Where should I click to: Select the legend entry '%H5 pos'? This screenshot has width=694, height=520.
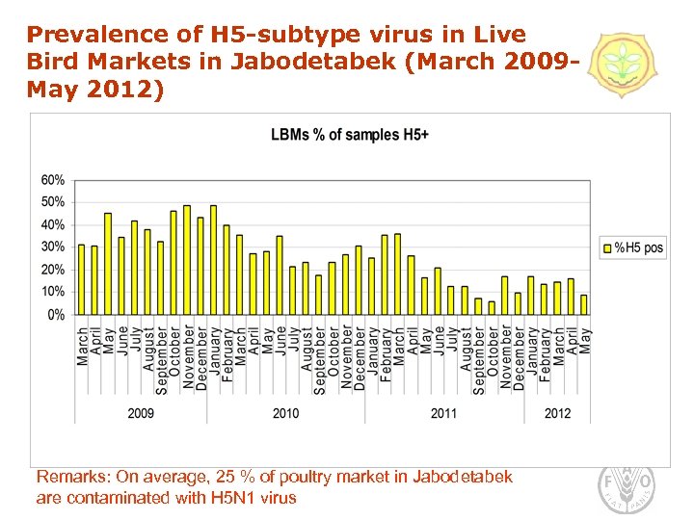[x=632, y=247]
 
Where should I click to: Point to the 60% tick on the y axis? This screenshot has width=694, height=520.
[x=52, y=180]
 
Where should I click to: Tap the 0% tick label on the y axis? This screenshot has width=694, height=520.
[x=56, y=315]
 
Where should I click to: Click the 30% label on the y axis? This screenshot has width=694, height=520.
[x=52, y=247]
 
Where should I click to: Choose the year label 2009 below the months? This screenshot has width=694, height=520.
[x=141, y=413]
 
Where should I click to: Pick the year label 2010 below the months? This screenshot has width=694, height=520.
[x=285, y=413]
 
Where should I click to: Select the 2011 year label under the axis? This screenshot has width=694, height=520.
[x=443, y=413]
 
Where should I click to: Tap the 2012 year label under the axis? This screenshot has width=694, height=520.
[x=557, y=413]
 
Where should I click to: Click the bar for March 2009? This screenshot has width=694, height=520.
[x=82, y=279]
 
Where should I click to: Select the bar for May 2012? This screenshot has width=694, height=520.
[x=584, y=304]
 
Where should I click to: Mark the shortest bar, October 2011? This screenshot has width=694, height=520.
[x=492, y=308]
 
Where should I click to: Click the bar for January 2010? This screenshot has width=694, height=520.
[x=213, y=260]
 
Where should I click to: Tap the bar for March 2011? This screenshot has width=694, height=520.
[x=398, y=274]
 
